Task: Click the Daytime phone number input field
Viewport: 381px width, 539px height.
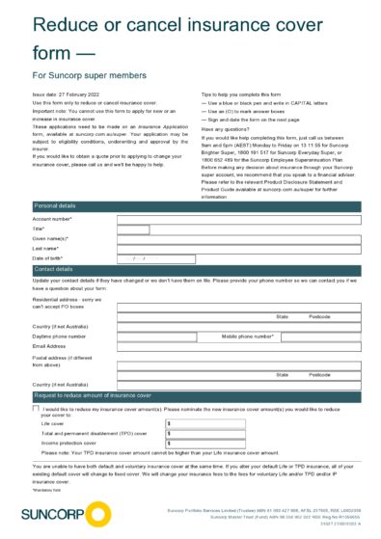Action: click(164, 336)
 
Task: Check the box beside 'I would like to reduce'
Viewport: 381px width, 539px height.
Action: click(36, 408)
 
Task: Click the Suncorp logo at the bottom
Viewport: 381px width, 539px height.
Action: click(53, 512)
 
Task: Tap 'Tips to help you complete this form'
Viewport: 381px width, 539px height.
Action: click(245, 94)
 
